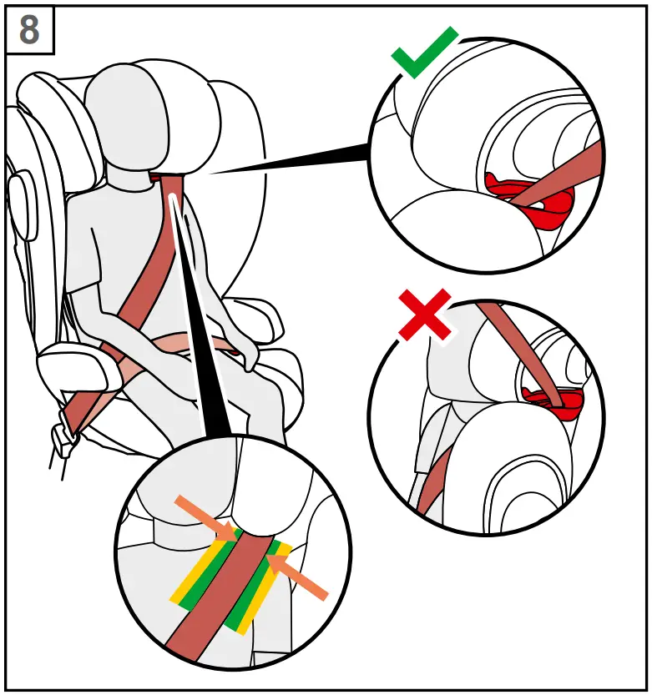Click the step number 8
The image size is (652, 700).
tap(29, 30)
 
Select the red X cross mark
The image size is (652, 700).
tap(426, 315)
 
